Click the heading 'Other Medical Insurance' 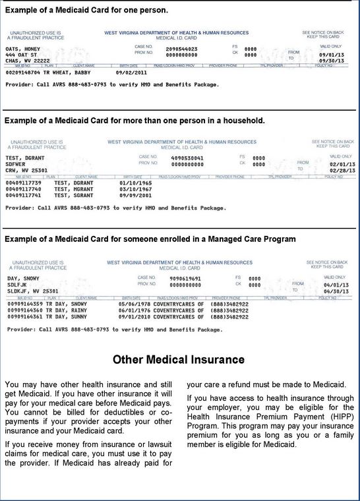click(x=179, y=360)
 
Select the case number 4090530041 click(x=187, y=158)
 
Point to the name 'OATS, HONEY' click(x=23, y=49)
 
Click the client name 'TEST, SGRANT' click(x=73, y=195)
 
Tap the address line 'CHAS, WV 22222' click(x=27, y=61)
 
